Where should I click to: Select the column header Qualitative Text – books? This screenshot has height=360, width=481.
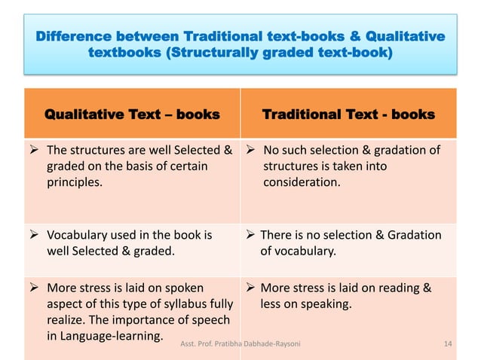tap(133, 115)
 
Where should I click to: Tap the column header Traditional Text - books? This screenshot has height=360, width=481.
tap(348, 115)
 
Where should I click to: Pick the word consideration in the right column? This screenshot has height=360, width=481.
tap(300, 182)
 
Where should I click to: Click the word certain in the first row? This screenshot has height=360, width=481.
tap(184, 166)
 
